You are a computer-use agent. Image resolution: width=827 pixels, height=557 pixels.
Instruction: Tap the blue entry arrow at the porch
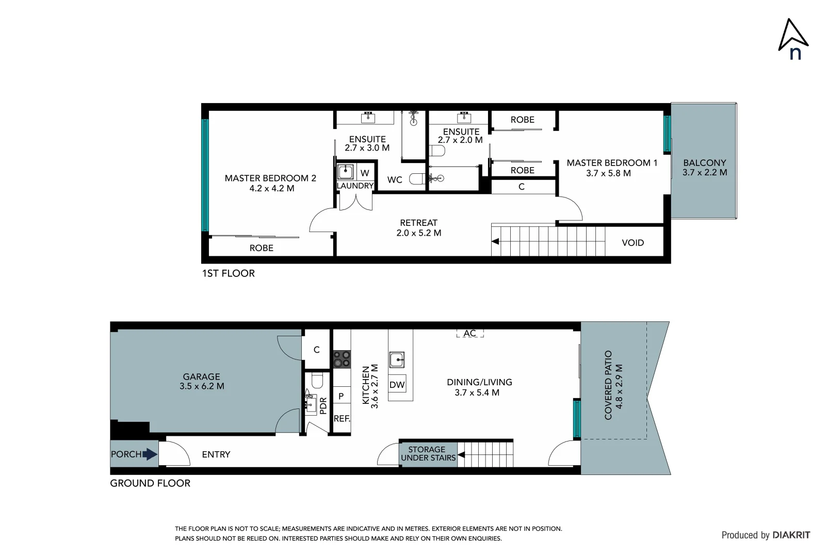coord(150,454)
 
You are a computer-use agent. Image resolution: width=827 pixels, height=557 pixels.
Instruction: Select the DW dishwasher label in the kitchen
coord(397,384)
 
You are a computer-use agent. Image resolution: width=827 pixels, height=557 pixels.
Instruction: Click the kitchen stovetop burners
coord(342,359)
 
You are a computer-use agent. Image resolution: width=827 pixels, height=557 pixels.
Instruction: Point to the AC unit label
coord(469,333)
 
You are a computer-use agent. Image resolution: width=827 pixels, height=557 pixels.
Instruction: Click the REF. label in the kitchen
coord(342,418)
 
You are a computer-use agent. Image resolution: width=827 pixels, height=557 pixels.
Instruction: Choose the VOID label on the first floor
coord(633,242)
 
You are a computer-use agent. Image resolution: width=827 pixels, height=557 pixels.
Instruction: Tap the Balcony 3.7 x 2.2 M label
coord(704,168)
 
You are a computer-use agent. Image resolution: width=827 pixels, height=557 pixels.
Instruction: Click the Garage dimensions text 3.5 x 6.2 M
coord(202,386)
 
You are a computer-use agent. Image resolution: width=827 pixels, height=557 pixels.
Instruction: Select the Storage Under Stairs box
coord(428,454)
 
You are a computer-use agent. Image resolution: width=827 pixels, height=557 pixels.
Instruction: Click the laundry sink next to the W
coord(345,172)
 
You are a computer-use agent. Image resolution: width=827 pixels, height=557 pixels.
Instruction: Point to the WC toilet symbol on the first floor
coord(417,179)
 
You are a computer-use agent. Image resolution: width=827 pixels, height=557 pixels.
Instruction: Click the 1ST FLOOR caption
coord(228,273)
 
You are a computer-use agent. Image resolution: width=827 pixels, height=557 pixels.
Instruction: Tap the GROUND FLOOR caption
coord(150,483)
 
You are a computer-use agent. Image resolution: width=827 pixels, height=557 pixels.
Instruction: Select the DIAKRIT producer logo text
coord(791,535)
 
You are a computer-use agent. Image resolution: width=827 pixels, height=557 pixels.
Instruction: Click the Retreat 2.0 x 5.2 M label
coord(418,227)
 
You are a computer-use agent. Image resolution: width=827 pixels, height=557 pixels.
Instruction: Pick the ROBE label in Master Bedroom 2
coord(261,248)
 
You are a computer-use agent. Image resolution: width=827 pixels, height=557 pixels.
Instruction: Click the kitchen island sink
coord(397,359)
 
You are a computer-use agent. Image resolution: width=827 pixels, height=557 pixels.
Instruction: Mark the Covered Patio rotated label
coord(613,385)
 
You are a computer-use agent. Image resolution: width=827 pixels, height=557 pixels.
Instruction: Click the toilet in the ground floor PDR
coord(317,381)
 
